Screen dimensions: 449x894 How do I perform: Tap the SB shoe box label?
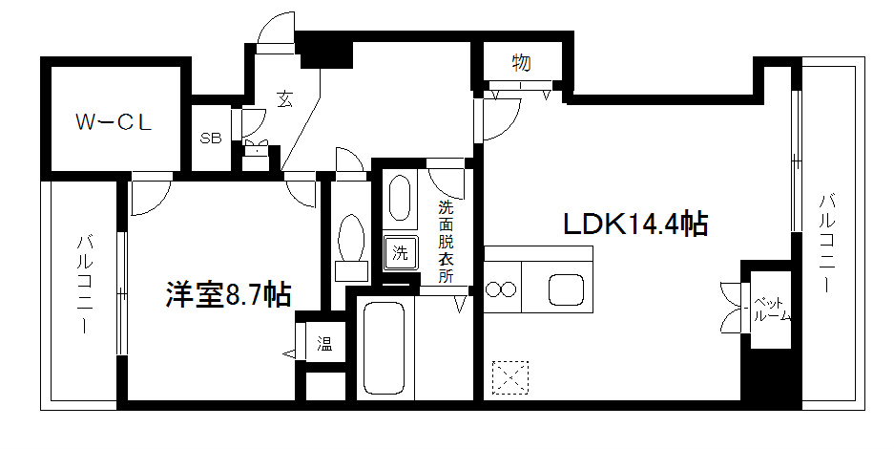pyautogui.click(x=210, y=138)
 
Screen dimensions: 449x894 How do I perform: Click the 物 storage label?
pyautogui.click(x=521, y=64)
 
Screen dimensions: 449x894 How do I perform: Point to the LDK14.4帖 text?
pyautogui.click(x=634, y=225)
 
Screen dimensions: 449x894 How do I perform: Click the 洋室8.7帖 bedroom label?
pyautogui.click(x=228, y=293)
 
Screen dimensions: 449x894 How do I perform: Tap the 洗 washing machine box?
pyautogui.click(x=401, y=253)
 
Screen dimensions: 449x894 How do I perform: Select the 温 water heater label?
pyautogui.click(x=324, y=344)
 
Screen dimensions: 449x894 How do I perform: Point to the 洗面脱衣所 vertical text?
pyautogui.click(x=446, y=242)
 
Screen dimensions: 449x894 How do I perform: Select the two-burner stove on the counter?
pyautogui.click(x=501, y=289)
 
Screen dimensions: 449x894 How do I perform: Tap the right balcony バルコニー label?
pyautogui.click(x=827, y=244)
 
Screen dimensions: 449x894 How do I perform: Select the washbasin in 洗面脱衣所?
pyautogui.click(x=400, y=199)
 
